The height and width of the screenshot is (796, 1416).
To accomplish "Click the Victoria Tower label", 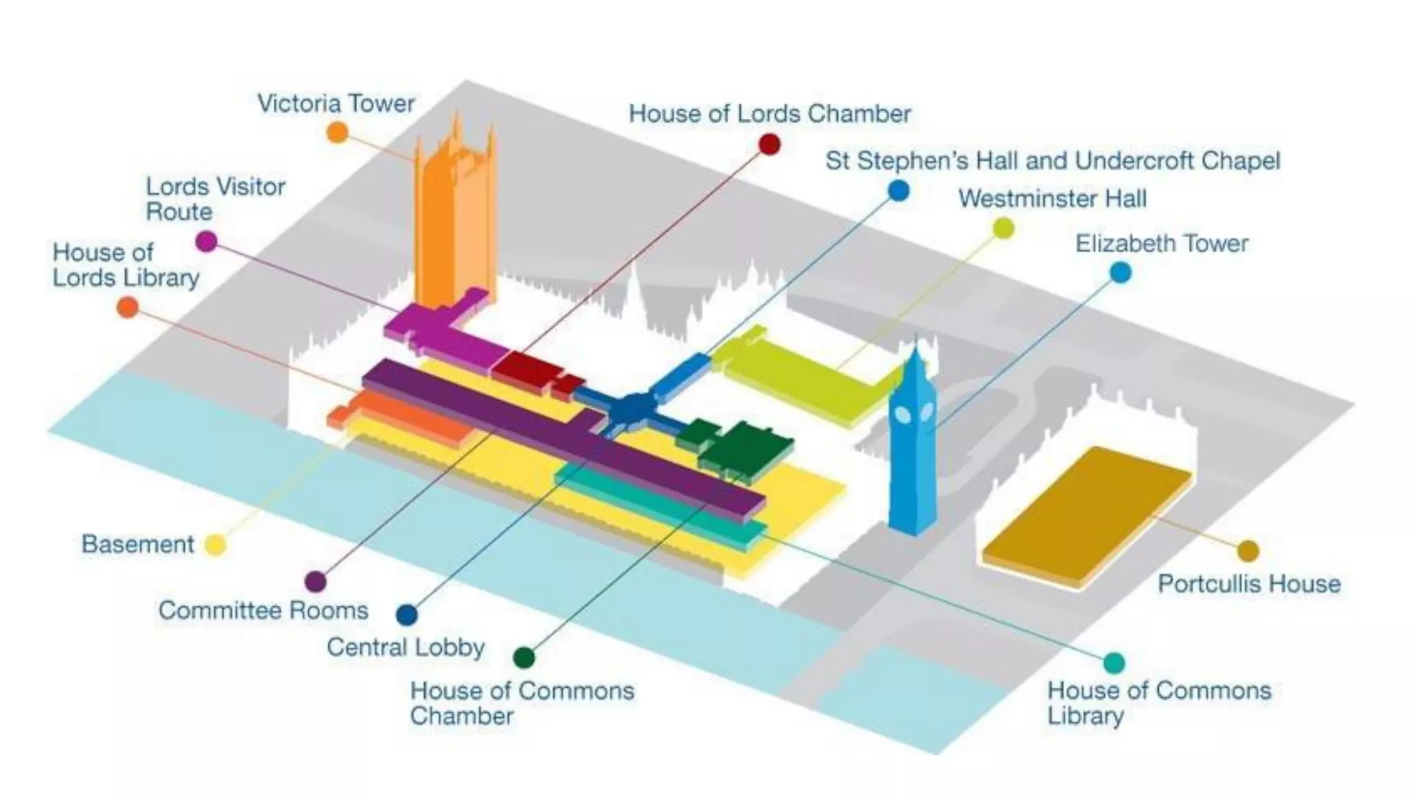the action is pyautogui.click(x=336, y=104).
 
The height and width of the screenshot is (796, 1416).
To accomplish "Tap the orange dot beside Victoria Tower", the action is pyautogui.click(x=337, y=132).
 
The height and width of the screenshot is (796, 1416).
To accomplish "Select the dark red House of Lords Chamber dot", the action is pyautogui.click(x=770, y=144).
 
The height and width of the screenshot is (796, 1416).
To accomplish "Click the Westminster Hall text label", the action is pyautogui.click(x=1052, y=199).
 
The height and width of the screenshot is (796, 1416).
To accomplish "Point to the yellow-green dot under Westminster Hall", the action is pyautogui.click(x=1003, y=228).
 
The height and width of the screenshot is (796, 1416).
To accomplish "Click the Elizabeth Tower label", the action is pyautogui.click(x=1162, y=243).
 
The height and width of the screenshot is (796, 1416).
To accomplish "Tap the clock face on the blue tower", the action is pyautogui.click(x=904, y=415).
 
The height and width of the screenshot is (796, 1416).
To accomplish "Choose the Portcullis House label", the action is pyautogui.click(x=1249, y=584).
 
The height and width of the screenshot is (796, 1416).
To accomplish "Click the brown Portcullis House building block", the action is pyautogui.click(x=1086, y=515).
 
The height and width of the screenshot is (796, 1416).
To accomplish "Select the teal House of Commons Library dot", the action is pyautogui.click(x=1113, y=663).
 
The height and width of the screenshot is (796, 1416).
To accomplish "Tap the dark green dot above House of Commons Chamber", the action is pyautogui.click(x=524, y=656).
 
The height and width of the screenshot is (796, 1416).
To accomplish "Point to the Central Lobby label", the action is pyautogui.click(x=405, y=647).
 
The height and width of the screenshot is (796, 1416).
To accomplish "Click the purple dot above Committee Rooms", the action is pyautogui.click(x=315, y=581).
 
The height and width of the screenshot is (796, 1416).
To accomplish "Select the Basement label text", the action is pyautogui.click(x=138, y=544).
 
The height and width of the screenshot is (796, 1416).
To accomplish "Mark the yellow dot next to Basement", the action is pyautogui.click(x=215, y=545).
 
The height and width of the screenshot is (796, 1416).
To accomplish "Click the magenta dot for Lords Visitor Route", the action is pyautogui.click(x=206, y=241).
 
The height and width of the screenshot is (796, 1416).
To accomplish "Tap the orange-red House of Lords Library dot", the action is pyautogui.click(x=127, y=307).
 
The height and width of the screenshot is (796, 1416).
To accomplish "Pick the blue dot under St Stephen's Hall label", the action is pyautogui.click(x=897, y=190).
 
